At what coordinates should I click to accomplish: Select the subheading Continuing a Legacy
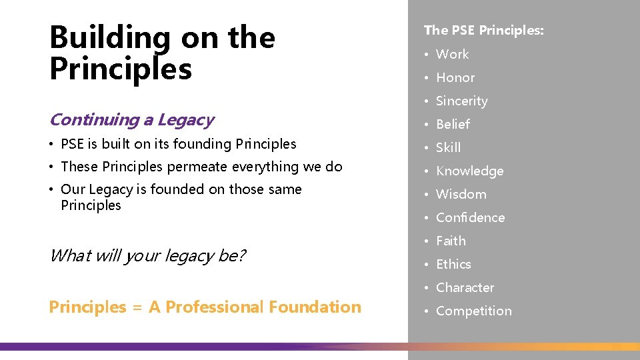131,120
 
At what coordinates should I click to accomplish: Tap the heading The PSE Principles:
483,30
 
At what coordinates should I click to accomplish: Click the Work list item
452,54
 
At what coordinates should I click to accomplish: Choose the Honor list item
455,77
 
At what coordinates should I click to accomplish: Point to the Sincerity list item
461,101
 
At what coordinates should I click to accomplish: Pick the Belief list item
453,124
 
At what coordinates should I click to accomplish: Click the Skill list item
448,147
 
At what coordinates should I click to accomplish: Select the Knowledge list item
469,171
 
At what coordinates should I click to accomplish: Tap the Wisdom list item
461,194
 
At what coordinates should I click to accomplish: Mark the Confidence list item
470,217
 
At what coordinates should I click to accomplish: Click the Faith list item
451,241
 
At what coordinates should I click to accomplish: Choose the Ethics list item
453,264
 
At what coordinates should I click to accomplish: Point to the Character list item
465,287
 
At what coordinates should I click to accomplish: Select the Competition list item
473,311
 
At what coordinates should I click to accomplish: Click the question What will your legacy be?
147,255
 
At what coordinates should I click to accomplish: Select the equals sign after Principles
137,308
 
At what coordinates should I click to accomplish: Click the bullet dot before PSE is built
52,145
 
